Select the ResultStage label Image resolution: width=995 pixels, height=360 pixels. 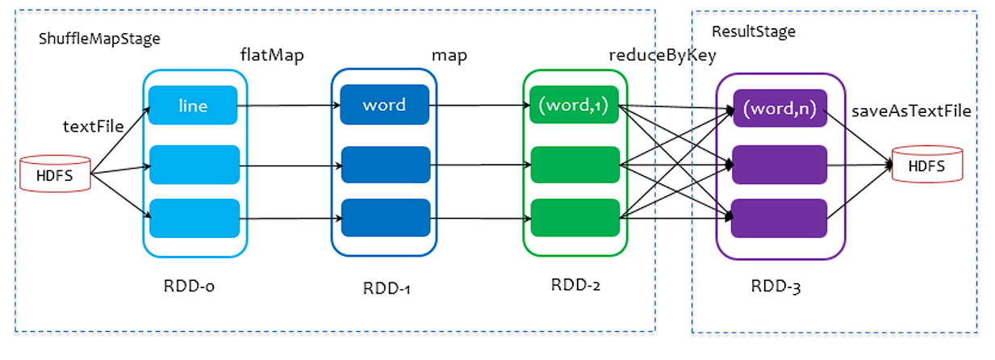[753, 31]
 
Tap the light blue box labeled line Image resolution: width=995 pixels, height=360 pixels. [194, 106]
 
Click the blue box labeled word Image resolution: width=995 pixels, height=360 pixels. [384, 106]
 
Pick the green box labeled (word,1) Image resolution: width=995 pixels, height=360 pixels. [575, 106]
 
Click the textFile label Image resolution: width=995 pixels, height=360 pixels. [93, 126]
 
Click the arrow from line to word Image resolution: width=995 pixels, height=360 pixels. [286, 106]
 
